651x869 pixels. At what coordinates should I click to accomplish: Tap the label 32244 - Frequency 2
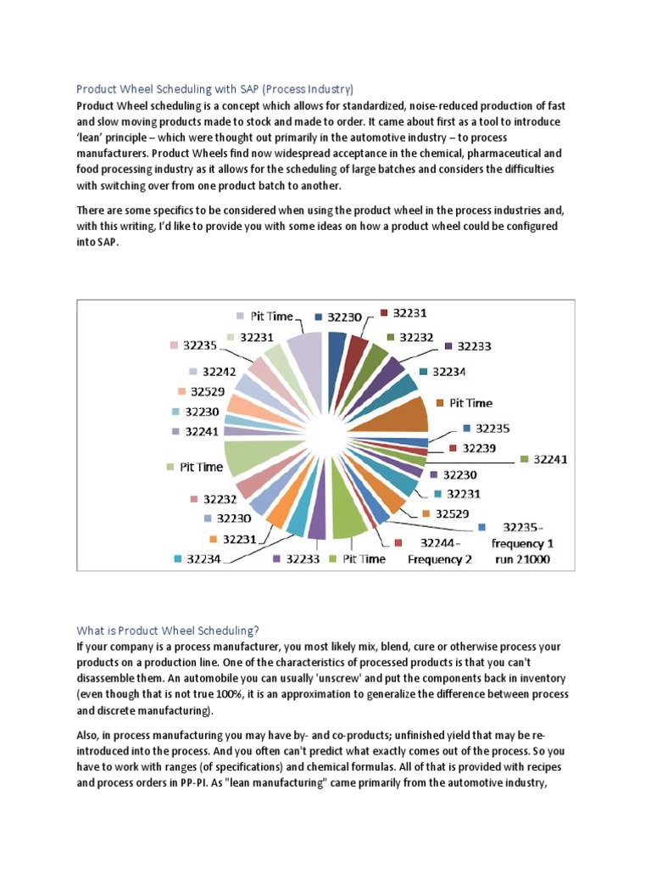pos(439,551)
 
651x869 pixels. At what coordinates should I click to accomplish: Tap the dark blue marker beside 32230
pos(319,317)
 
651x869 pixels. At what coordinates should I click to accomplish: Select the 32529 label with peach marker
pos(207,391)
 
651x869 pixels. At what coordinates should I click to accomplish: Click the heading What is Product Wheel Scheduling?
pos(168,631)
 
